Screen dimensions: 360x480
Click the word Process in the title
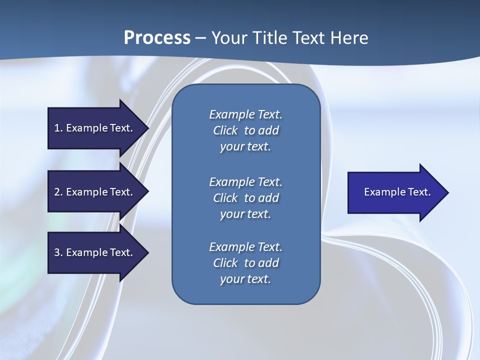tap(157, 38)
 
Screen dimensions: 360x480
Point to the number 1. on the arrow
tap(58, 128)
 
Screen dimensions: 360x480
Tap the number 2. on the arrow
tap(58, 192)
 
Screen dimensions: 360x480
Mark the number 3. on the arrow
tap(58, 252)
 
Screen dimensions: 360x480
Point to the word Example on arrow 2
tap(87, 192)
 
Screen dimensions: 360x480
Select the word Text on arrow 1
tap(121, 128)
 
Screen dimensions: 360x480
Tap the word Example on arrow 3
tap(87, 252)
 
